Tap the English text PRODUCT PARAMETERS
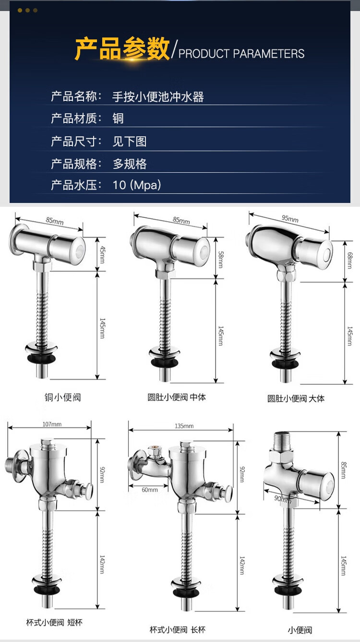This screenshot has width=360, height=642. point(241,54)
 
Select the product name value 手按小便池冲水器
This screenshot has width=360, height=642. point(158,97)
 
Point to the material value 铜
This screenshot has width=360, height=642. point(118,119)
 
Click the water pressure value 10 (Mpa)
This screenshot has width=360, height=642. point(137,185)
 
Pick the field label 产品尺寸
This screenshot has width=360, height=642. point(73,141)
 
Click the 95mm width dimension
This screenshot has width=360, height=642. point(290,219)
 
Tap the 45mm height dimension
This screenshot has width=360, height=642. point(102,254)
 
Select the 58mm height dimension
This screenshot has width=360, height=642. point(220,260)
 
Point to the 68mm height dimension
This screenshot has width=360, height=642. point(349,260)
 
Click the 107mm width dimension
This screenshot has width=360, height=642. point(52,424)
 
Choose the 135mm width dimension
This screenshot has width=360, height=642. point(184,426)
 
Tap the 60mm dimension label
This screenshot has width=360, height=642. point(150,490)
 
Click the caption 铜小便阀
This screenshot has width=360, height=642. point(63,397)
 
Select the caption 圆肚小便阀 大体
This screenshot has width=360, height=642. point(296,398)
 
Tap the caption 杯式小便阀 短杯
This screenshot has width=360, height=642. point(54,622)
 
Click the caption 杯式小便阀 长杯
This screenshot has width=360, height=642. point(178,630)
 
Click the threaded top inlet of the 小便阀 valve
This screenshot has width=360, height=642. point(282,441)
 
